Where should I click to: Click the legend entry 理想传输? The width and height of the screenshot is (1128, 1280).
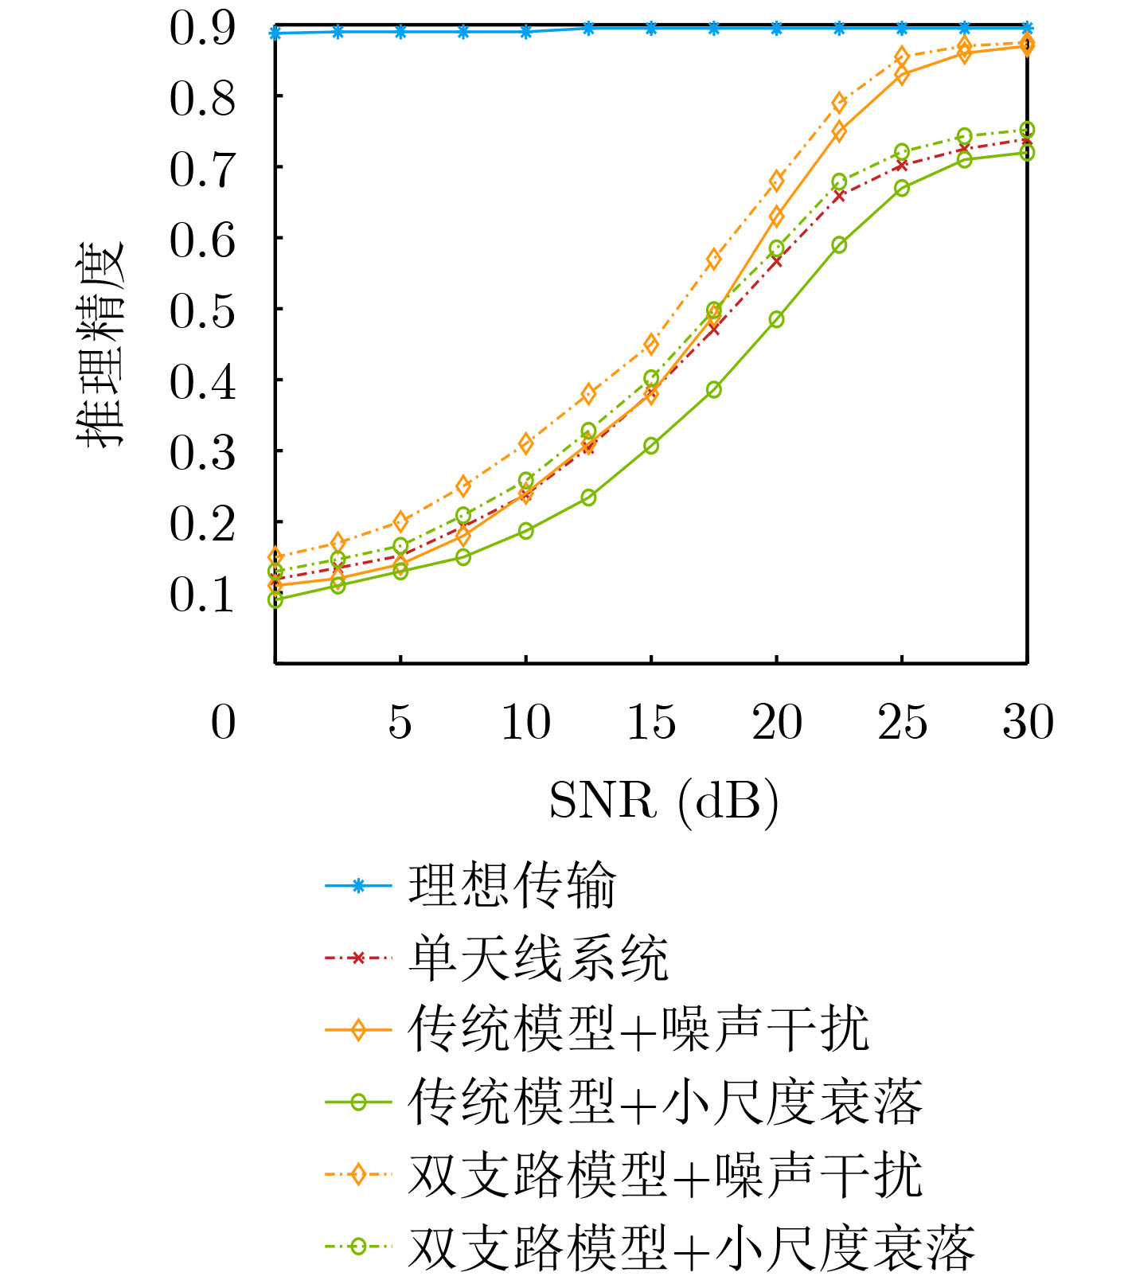click(x=512, y=885)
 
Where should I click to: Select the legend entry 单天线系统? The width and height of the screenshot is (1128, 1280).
click(x=538, y=958)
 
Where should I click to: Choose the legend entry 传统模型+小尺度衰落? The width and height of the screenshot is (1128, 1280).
click(x=665, y=1102)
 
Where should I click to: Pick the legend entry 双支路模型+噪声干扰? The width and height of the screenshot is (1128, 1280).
click(x=665, y=1174)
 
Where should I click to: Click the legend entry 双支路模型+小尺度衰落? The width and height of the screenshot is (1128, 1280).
click(x=691, y=1247)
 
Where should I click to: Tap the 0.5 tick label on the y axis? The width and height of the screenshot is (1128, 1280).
click(x=202, y=310)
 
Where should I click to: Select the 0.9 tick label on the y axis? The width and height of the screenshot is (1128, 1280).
click(x=202, y=27)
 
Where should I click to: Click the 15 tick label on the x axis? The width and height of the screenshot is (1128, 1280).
click(x=651, y=723)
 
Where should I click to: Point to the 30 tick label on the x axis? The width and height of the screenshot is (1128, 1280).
click(x=1028, y=723)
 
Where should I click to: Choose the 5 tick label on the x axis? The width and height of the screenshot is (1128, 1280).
click(x=400, y=723)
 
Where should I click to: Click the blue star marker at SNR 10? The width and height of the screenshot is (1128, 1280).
click(x=526, y=32)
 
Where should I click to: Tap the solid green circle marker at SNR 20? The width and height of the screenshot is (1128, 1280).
click(x=777, y=319)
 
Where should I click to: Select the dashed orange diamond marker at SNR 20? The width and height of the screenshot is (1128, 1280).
click(x=777, y=181)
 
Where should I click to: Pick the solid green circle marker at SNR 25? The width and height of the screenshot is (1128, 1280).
click(x=902, y=188)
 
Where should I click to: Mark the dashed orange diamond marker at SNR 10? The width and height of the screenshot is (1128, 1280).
click(x=526, y=443)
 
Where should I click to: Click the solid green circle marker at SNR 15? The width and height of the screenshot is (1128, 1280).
click(x=651, y=446)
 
